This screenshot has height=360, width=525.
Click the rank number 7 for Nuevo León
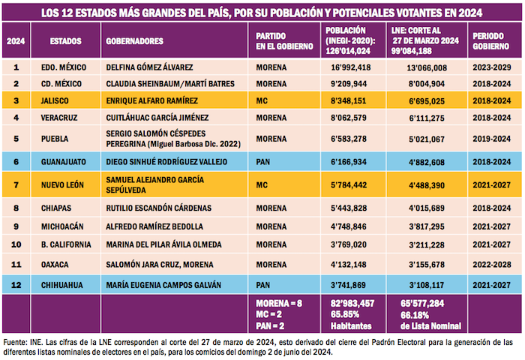(16, 184)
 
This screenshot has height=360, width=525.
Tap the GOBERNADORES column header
(135, 40)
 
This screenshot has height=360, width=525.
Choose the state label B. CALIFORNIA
(66, 244)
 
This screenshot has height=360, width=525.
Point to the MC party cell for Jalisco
(262, 100)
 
